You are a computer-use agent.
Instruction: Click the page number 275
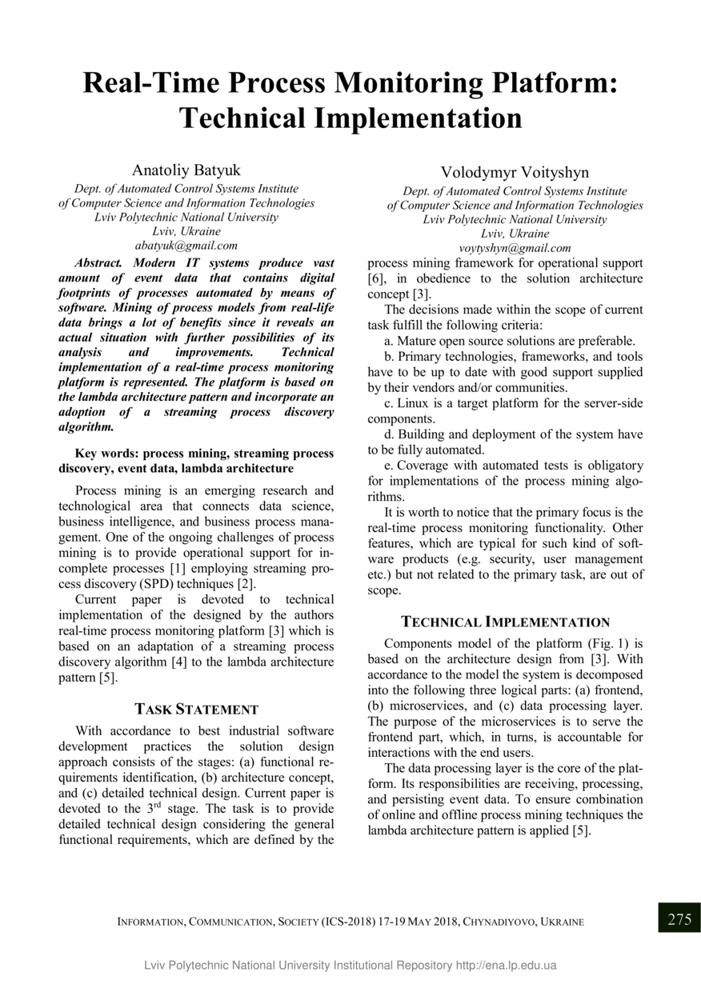click(679, 918)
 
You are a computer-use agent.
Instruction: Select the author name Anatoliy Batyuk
click(186, 170)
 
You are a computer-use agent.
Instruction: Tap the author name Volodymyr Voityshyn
click(515, 173)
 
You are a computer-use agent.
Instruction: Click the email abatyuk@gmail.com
click(186, 246)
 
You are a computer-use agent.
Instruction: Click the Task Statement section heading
click(196, 709)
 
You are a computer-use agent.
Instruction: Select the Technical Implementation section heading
click(505, 622)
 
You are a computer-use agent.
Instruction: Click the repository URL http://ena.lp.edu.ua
click(507, 965)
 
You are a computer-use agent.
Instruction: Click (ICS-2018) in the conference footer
click(349, 922)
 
